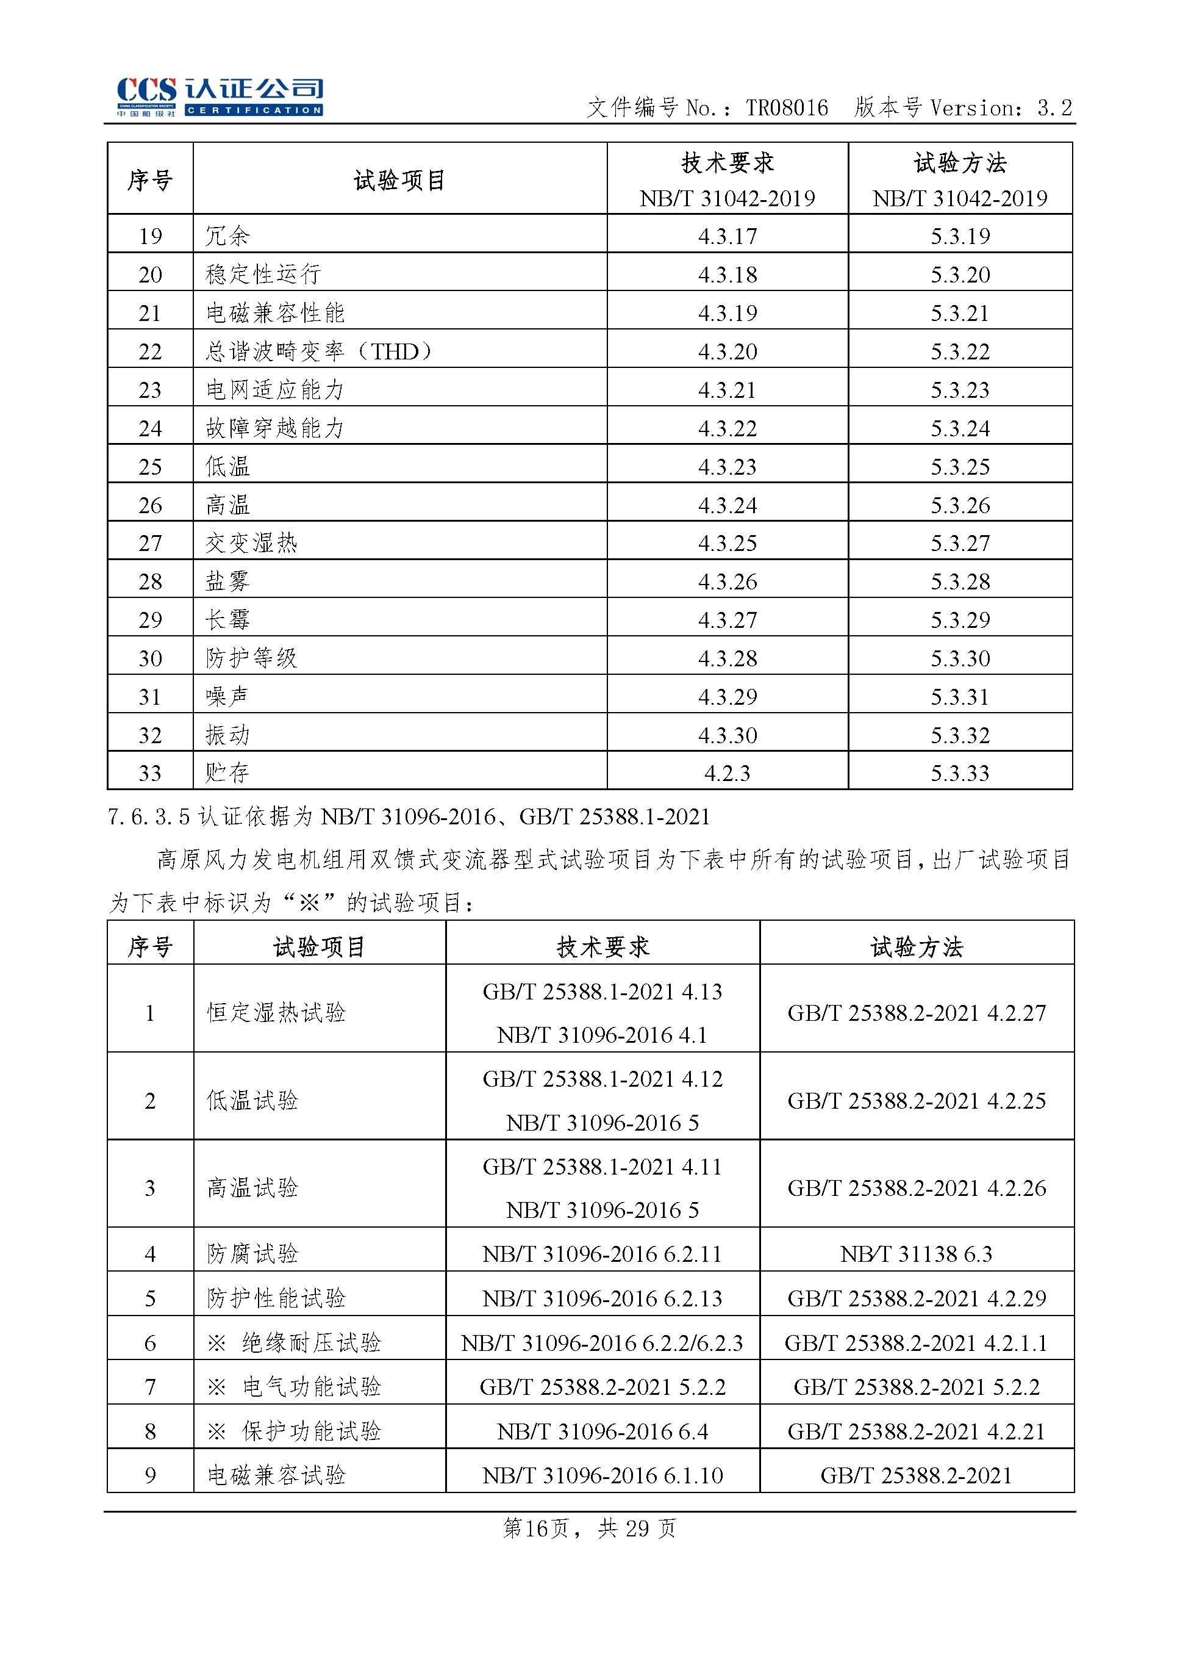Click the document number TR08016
coord(786,109)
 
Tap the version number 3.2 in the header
coord(1054,109)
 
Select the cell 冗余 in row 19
coord(227,236)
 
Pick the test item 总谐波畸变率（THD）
coord(319,351)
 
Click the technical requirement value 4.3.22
coord(728,428)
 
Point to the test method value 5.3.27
coord(960,543)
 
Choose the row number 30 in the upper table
coord(151,658)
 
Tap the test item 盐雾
coord(227,581)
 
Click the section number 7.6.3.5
coord(149,817)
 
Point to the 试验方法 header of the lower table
coord(916,946)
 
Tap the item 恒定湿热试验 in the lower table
coord(276,1013)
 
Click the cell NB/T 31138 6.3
coord(916,1253)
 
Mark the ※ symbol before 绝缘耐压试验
coord(216,1343)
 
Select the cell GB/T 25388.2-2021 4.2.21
coord(916,1431)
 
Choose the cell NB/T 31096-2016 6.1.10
coord(603,1475)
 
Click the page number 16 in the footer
coord(535,1529)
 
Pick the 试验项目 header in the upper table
coord(399,180)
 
